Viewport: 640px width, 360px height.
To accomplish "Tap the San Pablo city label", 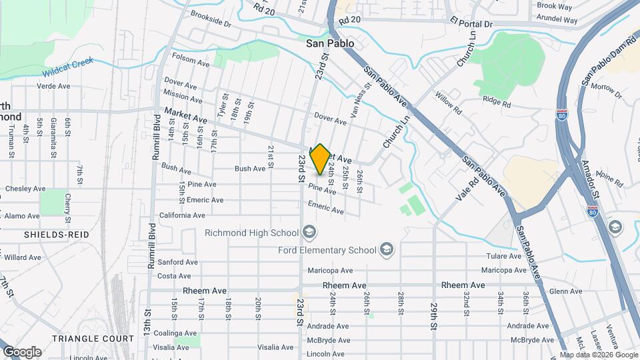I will [330, 43].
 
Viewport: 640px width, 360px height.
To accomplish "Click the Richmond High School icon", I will [309, 233].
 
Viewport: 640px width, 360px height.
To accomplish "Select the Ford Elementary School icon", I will [386, 251].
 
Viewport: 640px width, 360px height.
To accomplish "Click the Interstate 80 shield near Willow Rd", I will [562, 115].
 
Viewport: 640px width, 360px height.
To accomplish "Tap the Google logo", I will [22, 352].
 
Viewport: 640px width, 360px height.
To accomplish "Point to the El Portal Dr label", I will [470, 23].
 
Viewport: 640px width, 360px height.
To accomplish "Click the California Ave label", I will [182, 215].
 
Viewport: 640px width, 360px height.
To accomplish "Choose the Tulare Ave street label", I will [504, 256].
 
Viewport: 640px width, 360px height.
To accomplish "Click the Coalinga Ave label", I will [177, 333].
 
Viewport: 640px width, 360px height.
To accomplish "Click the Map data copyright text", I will [598, 355].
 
